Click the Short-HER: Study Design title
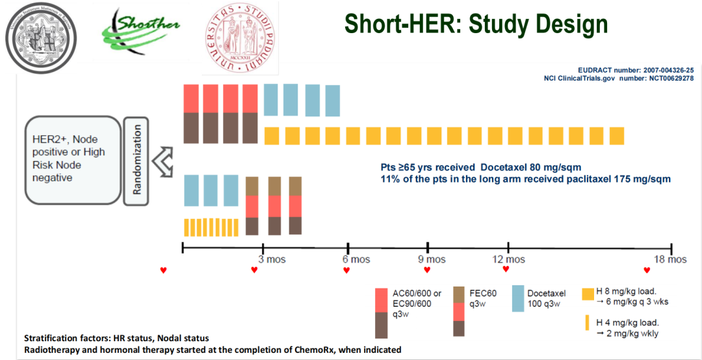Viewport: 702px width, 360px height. click(476, 24)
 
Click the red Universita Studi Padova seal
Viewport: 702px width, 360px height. click(238, 37)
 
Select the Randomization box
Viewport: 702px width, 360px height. click(137, 160)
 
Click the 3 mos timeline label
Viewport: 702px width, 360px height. click(272, 260)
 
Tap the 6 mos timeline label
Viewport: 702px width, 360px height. click(356, 260)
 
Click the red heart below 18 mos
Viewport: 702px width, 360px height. click(647, 270)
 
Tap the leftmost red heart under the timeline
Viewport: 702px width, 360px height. click(164, 270)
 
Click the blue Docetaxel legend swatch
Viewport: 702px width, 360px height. click(518, 299)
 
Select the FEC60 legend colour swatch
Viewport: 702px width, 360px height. click(459, 311)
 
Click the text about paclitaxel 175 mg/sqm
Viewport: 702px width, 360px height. click(525, 179)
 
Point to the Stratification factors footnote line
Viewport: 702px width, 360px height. click(116, 339)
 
